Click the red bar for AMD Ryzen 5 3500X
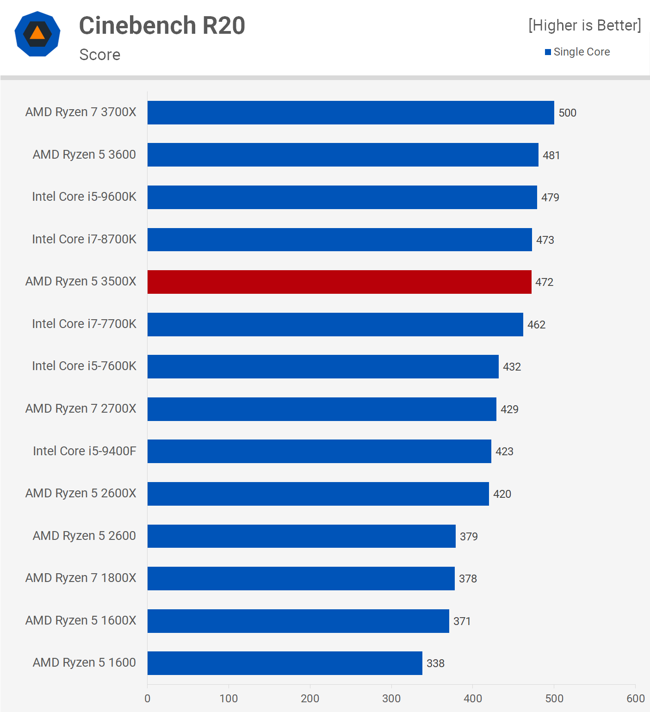339,282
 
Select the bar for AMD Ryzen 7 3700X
351,113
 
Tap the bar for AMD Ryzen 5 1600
285,663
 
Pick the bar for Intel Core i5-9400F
319,452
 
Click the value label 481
551,155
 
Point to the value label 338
435,663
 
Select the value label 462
536,325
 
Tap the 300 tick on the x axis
391,699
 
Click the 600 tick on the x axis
635,699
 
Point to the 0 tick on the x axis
148,699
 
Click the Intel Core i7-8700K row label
84,239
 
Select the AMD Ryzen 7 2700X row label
81,409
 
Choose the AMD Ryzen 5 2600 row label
84,536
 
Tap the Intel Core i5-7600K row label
84,366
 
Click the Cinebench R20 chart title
162,25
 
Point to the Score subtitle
100,55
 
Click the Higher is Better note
585,25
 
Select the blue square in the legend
548,52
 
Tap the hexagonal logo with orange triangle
37,34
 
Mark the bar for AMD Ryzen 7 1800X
301,579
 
